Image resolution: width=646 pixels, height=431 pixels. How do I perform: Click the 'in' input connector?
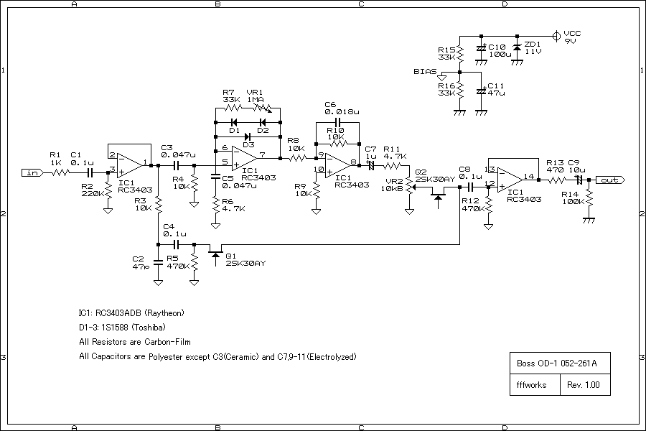[32, 173]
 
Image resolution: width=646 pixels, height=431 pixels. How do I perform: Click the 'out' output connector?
[610, 180]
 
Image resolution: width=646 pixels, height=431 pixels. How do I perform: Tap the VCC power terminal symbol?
[556, 36]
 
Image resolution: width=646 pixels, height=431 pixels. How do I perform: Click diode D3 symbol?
[248, 136]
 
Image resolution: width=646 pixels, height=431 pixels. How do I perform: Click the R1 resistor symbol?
[60, 173]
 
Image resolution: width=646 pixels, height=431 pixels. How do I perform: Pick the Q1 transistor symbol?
[215, 254]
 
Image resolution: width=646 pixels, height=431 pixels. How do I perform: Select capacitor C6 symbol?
[337, 123]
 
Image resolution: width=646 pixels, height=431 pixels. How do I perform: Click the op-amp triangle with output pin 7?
[244, 157]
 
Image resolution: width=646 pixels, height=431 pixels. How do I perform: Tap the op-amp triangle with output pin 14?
[510, 180]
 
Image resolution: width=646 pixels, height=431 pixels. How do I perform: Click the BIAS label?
[425, 71]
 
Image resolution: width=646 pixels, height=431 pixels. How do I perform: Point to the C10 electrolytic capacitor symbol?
[481, 48]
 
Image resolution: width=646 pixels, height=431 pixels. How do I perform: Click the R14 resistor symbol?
[589, 199]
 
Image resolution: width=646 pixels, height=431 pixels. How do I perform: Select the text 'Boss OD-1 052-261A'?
[556, 363]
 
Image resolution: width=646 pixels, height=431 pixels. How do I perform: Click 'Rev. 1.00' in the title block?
[584, 385]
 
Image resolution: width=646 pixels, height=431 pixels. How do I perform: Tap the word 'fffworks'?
[531, 385]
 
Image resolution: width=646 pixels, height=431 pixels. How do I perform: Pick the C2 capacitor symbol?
[158, 262]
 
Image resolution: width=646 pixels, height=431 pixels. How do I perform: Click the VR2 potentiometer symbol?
[410, 187]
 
